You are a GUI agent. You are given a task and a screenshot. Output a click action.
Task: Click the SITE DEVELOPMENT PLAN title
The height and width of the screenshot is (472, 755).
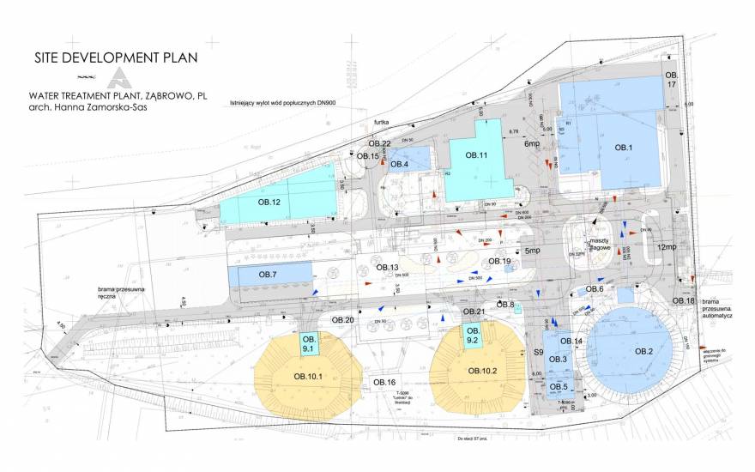coord(116,58)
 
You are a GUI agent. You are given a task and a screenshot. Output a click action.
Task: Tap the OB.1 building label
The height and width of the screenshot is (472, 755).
coord(624,148)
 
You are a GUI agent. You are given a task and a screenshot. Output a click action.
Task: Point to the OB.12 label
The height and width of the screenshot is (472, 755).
coord(269,203)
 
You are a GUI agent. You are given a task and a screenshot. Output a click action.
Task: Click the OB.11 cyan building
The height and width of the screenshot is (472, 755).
coord(477,155)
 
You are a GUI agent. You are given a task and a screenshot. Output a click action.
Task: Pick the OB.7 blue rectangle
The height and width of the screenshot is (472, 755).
coord(268,275)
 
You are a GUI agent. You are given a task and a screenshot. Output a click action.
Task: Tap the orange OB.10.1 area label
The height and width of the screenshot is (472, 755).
coord(307,376)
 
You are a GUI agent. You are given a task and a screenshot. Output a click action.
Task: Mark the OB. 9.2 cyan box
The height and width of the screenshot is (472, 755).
coord(470,336)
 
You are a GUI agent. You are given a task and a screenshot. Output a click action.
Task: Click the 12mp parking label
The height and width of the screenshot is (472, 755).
coord(667,247)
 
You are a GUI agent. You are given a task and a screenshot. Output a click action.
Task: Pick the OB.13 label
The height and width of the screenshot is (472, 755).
coord(388,268)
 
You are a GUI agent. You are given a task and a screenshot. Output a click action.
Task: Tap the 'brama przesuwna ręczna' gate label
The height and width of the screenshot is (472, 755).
coord(126,294)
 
